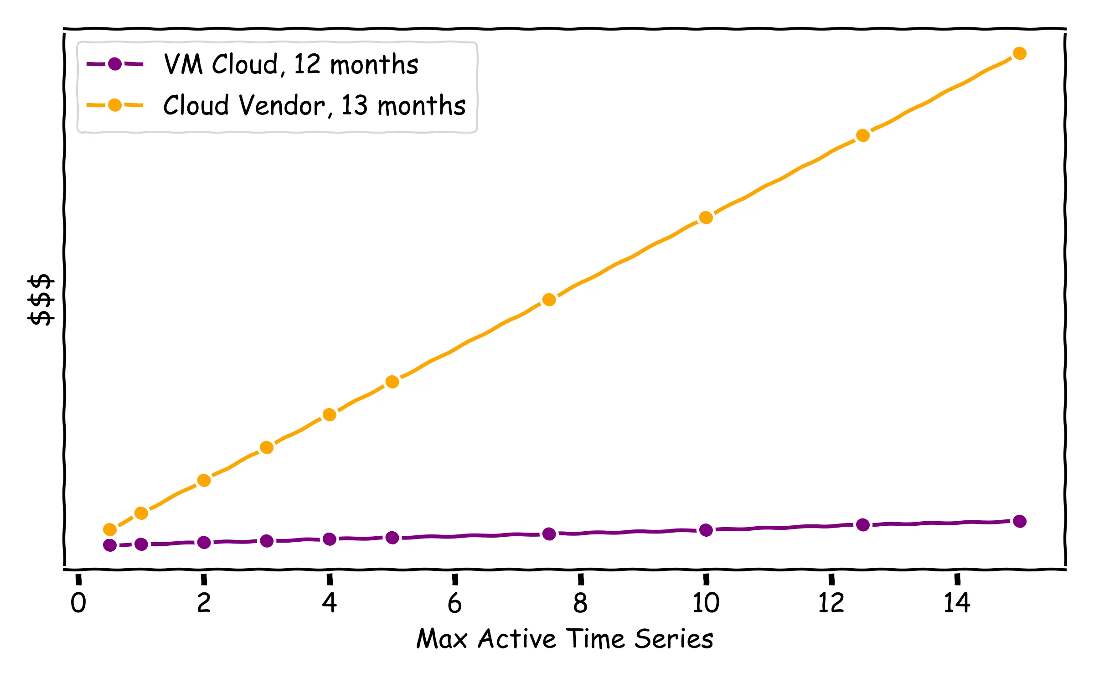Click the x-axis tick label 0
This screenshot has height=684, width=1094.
(x=78, y=603)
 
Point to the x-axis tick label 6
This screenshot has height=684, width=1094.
(x=454, y=603)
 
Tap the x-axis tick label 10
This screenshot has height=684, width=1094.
(x=706, y=603)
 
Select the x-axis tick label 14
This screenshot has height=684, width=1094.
(x=957, y=603)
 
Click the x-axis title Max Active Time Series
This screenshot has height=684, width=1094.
(x=565, y=639)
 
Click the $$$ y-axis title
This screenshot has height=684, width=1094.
(x=41, y=300)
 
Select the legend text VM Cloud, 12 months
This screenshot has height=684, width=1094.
(x=291, y=64)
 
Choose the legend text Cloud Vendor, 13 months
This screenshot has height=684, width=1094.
(x=315, y=105)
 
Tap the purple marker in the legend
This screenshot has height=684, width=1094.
(x=115, y=64)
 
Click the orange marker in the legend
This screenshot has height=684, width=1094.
(x=115, y=105)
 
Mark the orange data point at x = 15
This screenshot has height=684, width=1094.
(x=1020, y=54)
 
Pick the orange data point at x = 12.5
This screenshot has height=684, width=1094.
(x=863, y=135)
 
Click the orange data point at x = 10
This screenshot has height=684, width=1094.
(x=706, y=218)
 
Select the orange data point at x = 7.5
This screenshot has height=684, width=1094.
(x=549, y=300)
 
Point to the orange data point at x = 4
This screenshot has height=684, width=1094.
(x=329, y=415)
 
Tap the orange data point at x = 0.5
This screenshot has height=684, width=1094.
(x=110, y=529)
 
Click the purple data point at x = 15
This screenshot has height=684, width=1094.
(x=1020, y=521)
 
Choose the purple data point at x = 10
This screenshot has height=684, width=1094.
(x=706, y=530)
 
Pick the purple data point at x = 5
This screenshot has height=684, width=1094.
(x=392, y=538)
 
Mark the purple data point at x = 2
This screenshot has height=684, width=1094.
(x=204, y=543)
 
